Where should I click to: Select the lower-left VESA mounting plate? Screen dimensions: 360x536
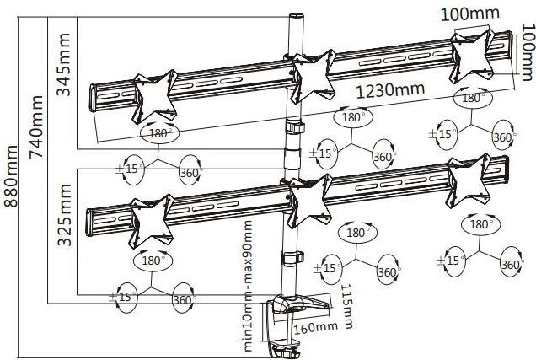tap(150, 220)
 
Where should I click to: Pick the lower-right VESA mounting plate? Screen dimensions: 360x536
tap(469, 179)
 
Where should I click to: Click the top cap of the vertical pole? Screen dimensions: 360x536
tap(297, 16)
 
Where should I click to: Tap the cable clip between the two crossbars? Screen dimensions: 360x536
tap(294, 128)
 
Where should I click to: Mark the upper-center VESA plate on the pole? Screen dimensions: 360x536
tap(313, 73)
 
